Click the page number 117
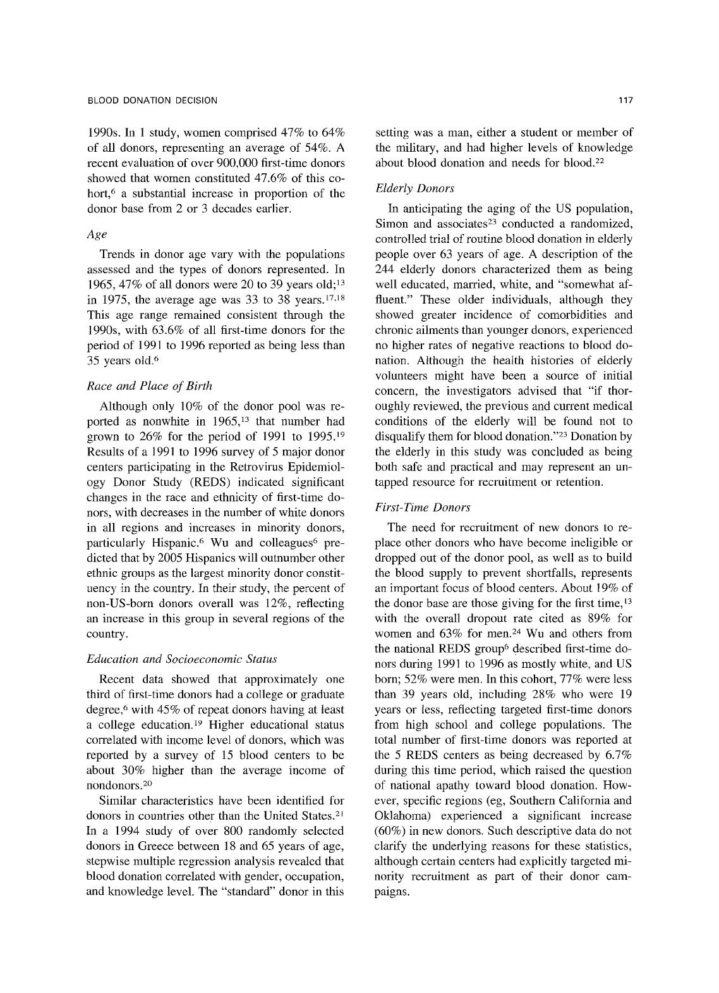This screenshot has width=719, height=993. click(626, 100)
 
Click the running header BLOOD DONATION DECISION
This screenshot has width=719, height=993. click(152, 100)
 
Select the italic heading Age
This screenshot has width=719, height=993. click(96, 234)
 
